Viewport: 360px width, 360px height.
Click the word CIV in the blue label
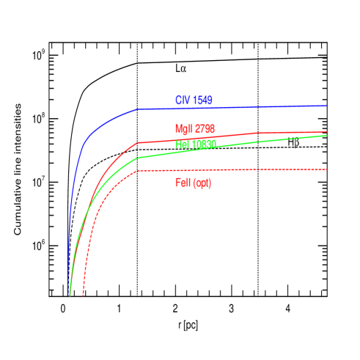[x=182, y=100]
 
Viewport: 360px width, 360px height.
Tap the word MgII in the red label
[x=184, y=128]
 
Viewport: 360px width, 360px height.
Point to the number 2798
[x=205, y=128]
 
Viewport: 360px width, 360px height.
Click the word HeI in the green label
[x=183, y=144]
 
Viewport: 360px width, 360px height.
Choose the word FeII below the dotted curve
[x=183, y=183]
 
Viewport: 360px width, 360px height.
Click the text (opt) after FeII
[x=203, y=183]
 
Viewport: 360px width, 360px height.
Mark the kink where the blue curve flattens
[x=138, y=109]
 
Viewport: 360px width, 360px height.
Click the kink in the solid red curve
[x=138, y=142]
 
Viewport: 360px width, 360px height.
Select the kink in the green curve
[x=138, y=158]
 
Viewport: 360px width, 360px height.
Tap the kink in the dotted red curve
[x=138, y=171]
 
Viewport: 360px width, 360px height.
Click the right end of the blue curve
[x=326, y=106]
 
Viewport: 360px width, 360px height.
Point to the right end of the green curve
[x=326, y=136]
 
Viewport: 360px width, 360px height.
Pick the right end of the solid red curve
[x=326, y=133]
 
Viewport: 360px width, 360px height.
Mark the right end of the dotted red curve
[x=326, y=170]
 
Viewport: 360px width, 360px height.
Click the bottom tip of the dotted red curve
[x=83, y=295]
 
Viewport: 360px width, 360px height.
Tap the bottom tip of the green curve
[x=70, y=295]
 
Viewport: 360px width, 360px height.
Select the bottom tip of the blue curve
[x=68, y=292]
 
